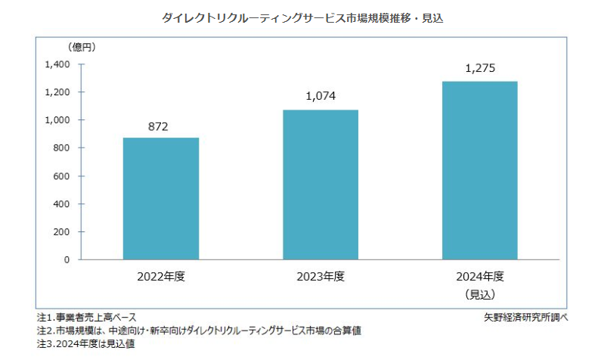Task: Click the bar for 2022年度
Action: coord(161,199)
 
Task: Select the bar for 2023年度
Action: coord(321,185)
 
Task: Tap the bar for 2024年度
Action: coord(480,171)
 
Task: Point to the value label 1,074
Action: coord(320,97)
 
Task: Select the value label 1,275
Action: coord(480,68)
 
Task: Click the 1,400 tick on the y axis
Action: coord(57,65)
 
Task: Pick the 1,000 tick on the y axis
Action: coord(57,120)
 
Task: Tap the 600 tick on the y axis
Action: coord(61,176)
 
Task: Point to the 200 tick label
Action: coord(61,232)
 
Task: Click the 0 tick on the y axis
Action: coord(67,260)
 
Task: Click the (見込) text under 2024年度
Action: coord(480,293)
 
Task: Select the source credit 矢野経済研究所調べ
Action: coord(526,317)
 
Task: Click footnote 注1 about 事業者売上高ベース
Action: coord(86,317)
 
